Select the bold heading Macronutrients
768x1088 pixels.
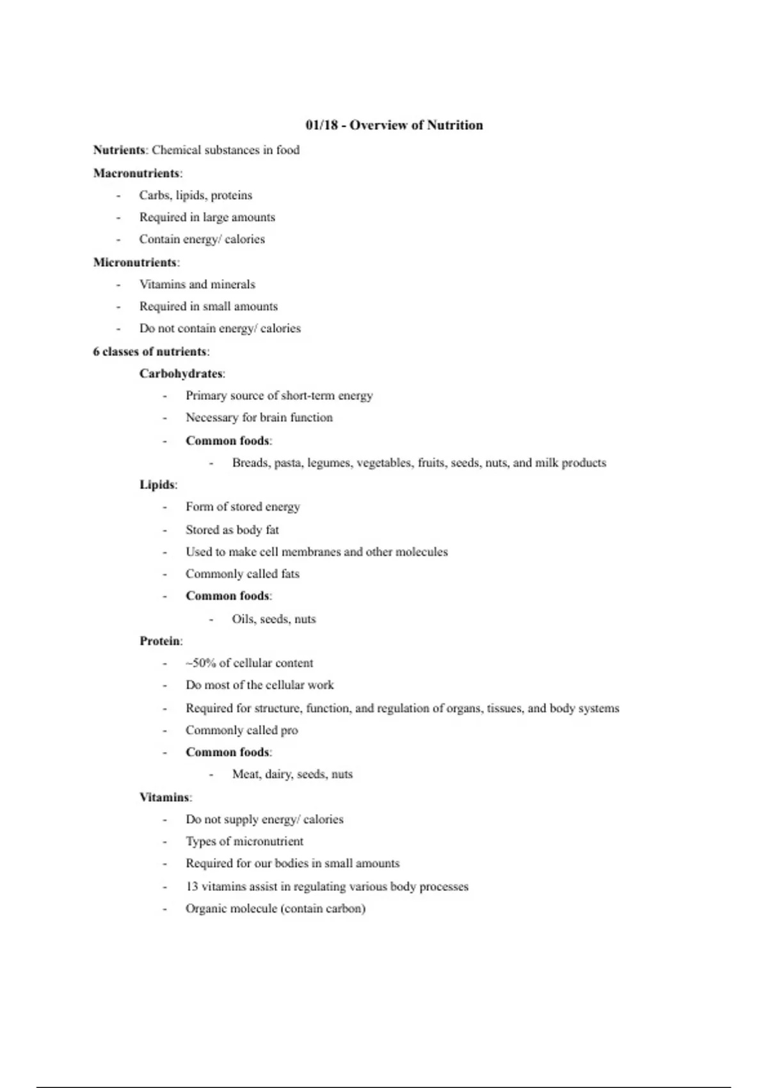136,173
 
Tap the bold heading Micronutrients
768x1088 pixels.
135,262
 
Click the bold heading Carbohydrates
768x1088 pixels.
181,374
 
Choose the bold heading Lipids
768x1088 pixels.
157,485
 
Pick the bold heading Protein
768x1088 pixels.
160,641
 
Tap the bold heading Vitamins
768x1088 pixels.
164,797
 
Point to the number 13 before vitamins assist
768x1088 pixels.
192,887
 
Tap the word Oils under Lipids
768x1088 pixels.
243,620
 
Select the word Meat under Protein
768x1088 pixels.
246,774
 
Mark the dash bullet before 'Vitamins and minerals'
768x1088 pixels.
118,285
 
